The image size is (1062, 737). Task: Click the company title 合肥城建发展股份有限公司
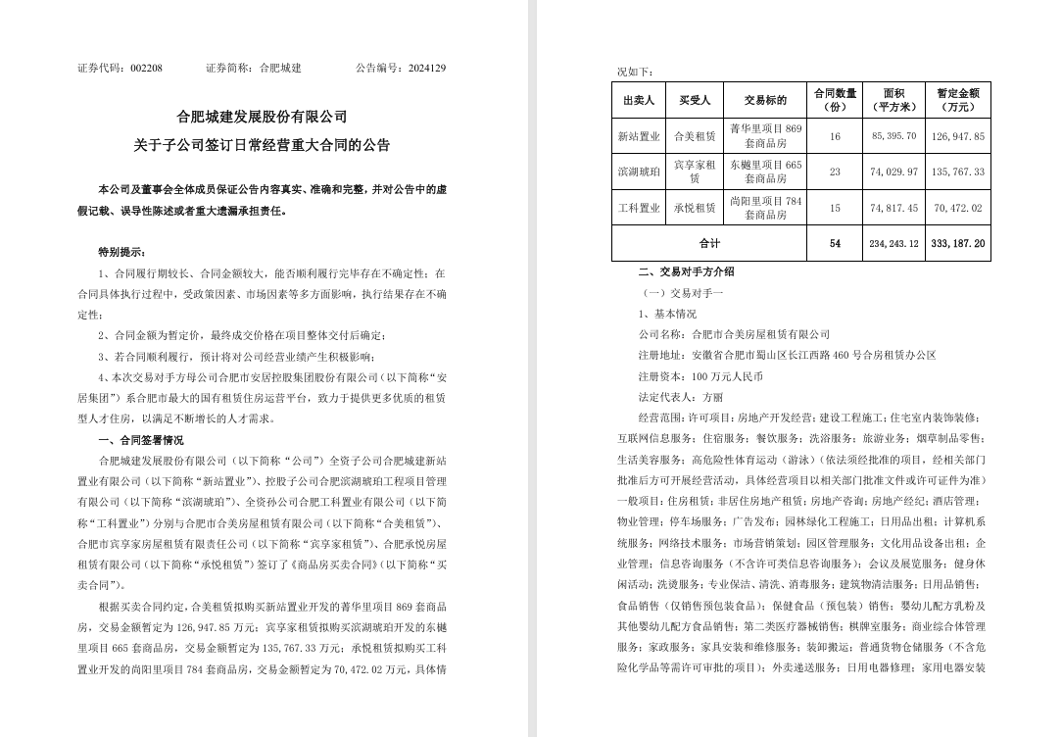click(x=262, y=117)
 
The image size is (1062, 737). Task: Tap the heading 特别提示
click(x=123, y=252)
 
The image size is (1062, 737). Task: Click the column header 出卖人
click(x=639, y=100)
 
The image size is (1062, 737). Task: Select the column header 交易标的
click(x=765, y=100)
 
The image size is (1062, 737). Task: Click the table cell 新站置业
click(x=639, y=136)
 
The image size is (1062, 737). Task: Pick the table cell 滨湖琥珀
click(x=639, y=172)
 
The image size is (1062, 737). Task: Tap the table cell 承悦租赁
click(x=695, y=208)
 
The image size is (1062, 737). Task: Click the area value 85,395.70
click(x=893, y=136)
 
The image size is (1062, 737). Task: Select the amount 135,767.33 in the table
click(x=958, y=172)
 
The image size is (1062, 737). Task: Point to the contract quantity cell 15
click(x=835, y=208)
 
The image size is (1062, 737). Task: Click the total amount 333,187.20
click(x=958, y=243)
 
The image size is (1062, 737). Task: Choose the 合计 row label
click(x=709, y=243)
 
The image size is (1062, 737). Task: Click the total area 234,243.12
click(x=893, y=243)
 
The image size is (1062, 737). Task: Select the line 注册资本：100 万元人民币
click(x=700, y=375)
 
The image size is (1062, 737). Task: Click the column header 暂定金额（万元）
click(x=958, y=100)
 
